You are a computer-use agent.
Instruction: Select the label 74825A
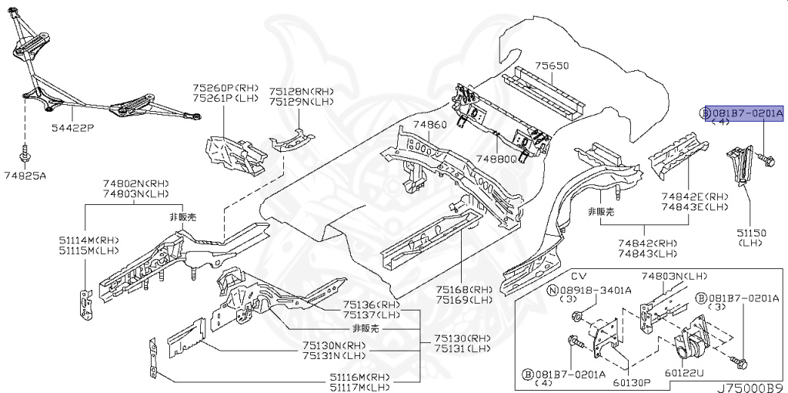click(x=25, y=176)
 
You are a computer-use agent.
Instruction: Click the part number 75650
click(x=552, y=66)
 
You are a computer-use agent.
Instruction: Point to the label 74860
click(x=429, y=124)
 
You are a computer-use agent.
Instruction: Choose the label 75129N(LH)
click(x=302, y=100)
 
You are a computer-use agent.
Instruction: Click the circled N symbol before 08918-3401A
click(x=552, y=290)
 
